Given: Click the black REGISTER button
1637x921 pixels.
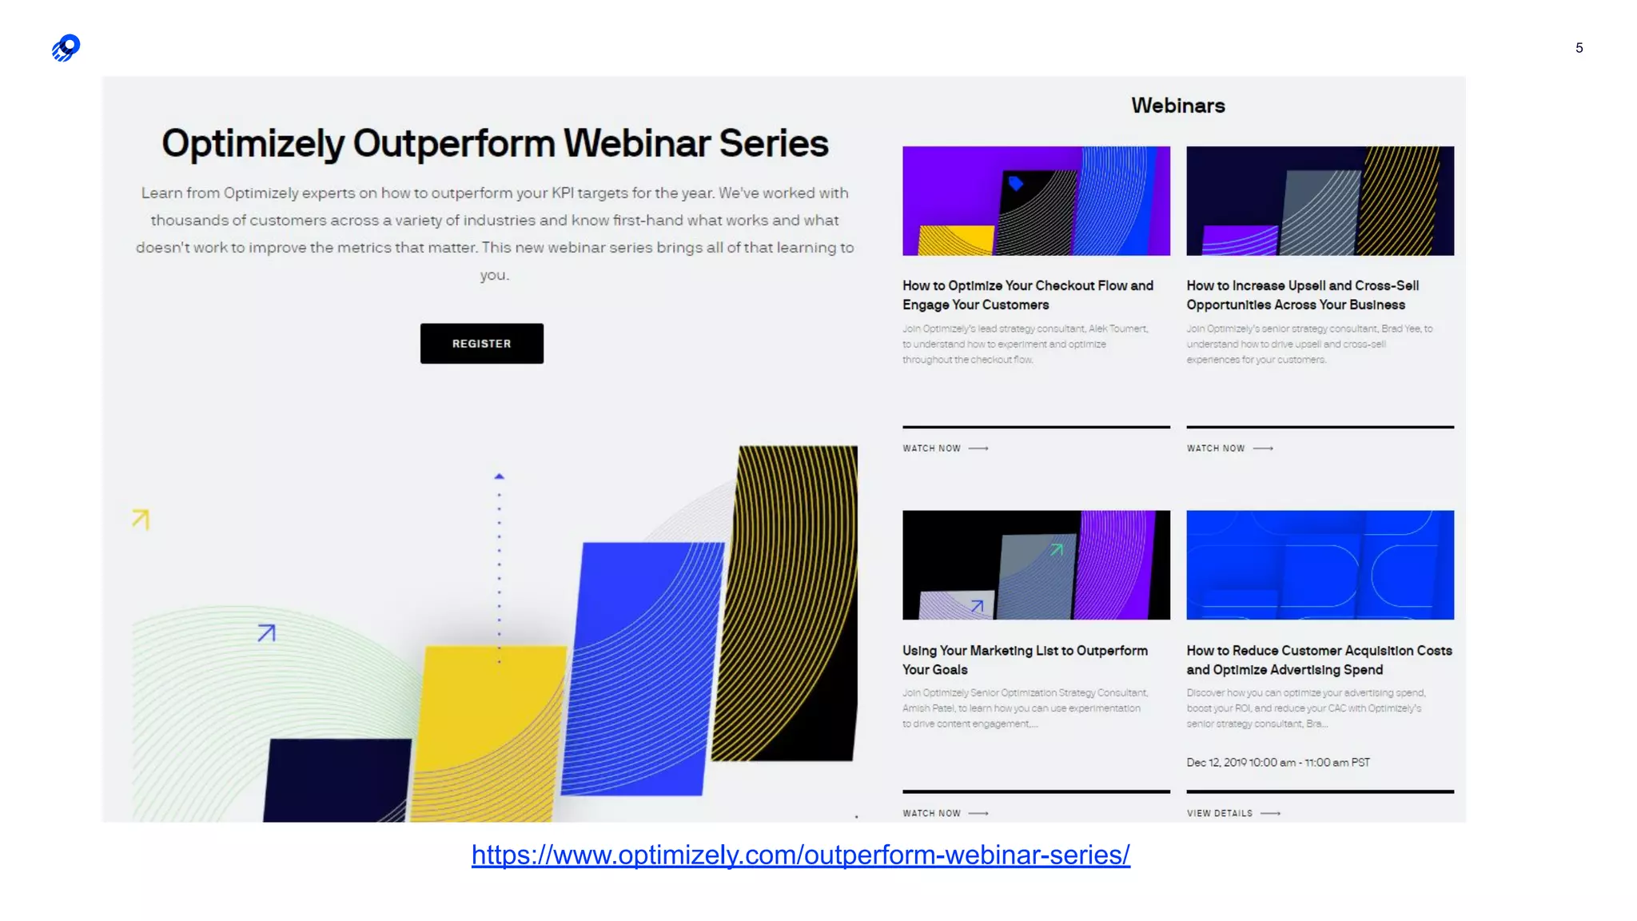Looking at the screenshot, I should (481, 344).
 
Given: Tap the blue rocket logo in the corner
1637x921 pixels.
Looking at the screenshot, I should (66, 48).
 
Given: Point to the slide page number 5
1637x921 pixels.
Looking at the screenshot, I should (1579, 48).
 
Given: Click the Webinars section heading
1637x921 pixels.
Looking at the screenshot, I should (1177, 106).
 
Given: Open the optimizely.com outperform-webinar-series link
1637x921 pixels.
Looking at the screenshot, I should (800, 855).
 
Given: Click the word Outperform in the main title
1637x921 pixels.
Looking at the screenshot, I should (454, 144).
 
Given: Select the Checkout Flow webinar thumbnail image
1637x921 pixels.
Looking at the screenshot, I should (1036, 201).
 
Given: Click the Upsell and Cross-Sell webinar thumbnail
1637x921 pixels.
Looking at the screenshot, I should (1320, 201).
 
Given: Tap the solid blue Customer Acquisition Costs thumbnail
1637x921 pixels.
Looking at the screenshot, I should (1320, 564).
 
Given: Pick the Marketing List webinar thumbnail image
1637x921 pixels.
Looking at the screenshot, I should (1036, 564).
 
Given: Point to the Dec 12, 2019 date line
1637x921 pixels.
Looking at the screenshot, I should (1277, 763).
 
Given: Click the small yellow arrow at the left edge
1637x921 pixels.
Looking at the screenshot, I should (141, 519).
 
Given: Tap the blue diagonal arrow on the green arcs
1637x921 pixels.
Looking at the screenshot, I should (267, 633).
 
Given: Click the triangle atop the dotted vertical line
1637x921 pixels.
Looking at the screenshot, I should (500, 476).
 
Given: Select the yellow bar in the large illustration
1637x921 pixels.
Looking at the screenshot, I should (488, 720).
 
